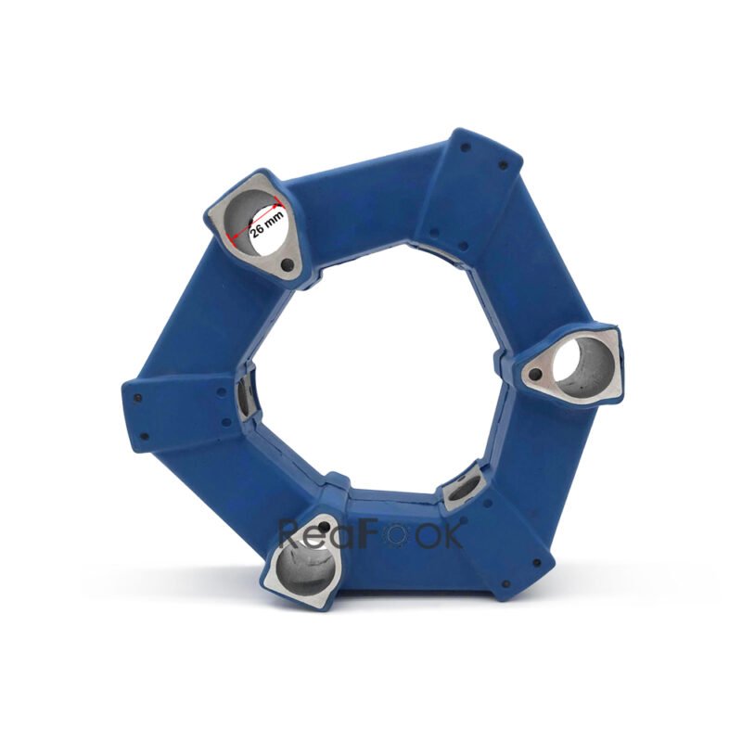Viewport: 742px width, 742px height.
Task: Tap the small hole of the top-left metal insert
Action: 289,267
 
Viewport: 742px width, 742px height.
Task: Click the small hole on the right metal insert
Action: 534,376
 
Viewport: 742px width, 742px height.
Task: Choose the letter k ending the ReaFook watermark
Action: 454,533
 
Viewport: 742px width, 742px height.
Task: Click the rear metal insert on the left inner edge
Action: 244,397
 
